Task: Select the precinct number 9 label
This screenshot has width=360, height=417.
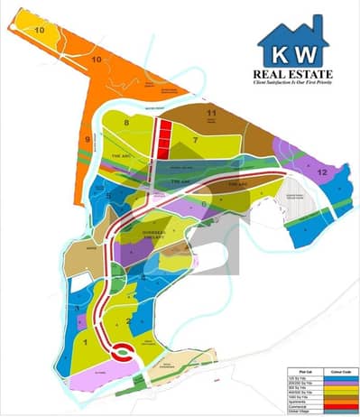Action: (88, 139)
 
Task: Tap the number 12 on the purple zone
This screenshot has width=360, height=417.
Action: (321, 171)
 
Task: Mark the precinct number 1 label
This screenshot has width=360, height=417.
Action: (84, 342)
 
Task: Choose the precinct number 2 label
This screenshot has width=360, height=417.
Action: (129, 320)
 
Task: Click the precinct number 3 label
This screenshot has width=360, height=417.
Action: (79, 309)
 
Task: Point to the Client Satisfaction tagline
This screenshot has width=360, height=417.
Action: (294, 83)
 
